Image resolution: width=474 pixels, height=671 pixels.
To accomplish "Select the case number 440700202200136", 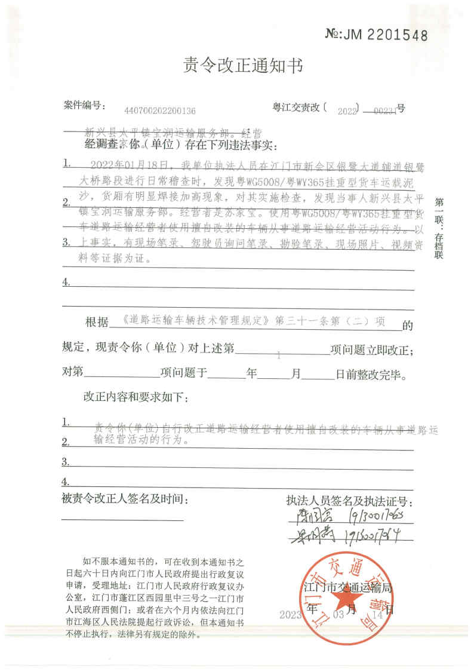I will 159,111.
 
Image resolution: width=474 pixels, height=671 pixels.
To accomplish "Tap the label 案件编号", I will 84,106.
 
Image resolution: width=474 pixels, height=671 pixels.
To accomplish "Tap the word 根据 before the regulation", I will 97,323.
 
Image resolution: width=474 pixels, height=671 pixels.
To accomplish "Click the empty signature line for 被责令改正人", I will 122,520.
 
